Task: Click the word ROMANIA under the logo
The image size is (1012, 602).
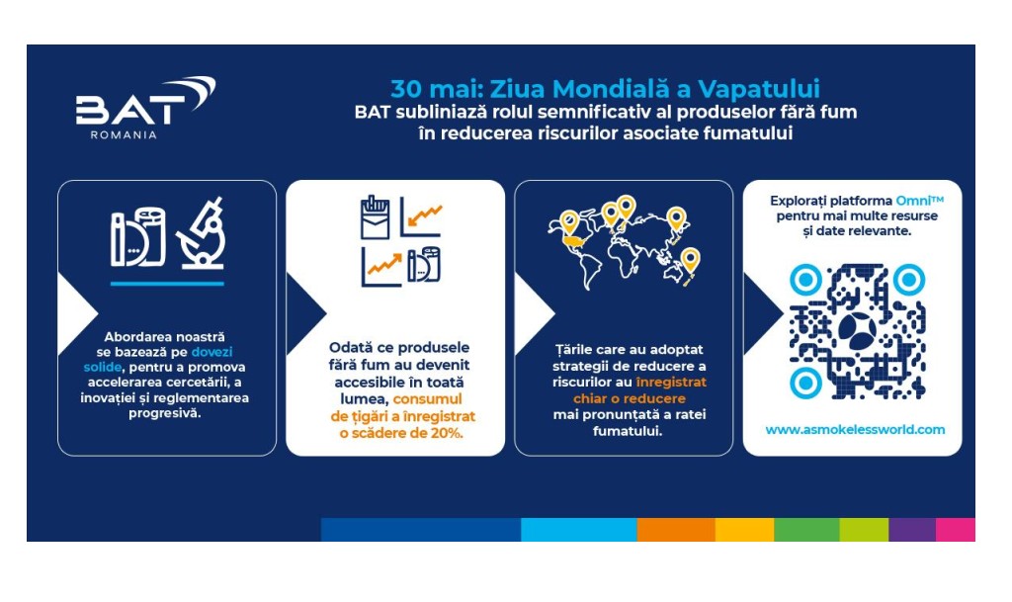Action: point(123,135)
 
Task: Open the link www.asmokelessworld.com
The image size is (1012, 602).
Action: point(855,430)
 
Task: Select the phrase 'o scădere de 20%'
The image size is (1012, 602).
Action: point(401,433)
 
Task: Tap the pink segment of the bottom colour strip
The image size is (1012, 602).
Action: point(955,530)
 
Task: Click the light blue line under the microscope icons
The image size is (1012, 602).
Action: point(167,284)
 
